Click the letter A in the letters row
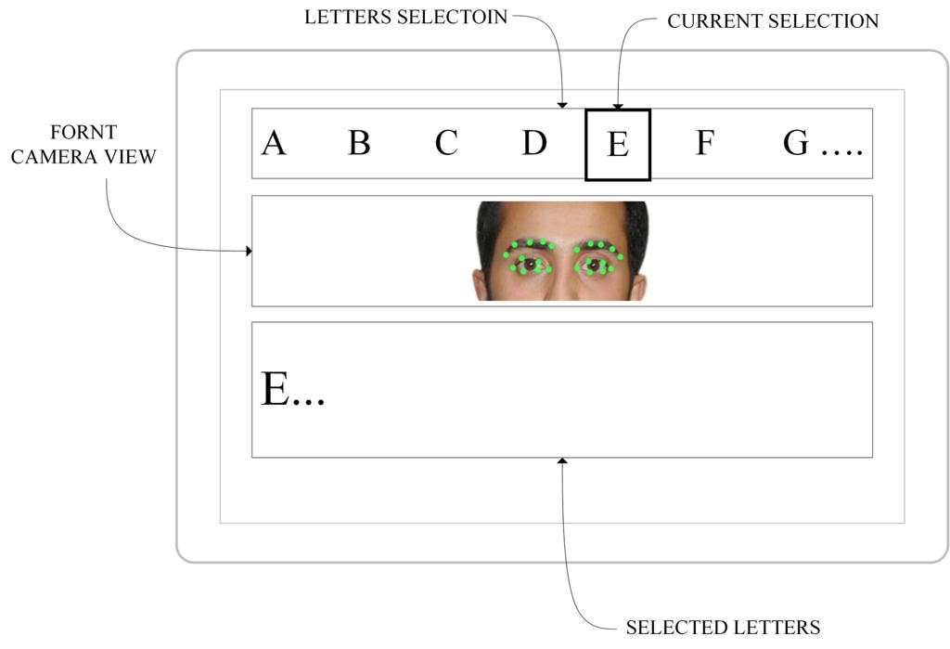[274, 143]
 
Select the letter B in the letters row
[359, 143]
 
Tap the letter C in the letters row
[446, 143]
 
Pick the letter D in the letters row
[534, 143]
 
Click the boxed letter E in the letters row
[618, 145]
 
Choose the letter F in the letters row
[705, 143]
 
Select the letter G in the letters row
[795, 143]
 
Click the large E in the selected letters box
[275, 388]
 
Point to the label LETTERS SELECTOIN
[405, 17]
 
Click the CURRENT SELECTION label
[773, 21]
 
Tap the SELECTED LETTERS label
[723, 627]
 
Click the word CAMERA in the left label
[54, 157]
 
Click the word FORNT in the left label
[83, 132]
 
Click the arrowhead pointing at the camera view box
[249, 251]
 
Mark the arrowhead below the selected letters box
[562, 461]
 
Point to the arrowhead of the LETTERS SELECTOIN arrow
[562, 106]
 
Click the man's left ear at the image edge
[479, 285]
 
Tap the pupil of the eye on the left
[530, 265]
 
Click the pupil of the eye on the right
[594, 265]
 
